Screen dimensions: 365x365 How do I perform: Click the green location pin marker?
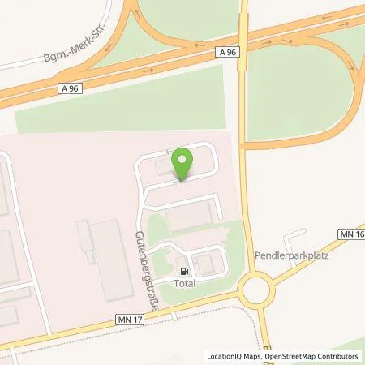pos(182,161)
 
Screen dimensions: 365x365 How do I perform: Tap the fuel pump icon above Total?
pos(185,272)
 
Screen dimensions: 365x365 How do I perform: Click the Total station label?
pos(185,285)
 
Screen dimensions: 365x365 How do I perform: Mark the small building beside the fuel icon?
pos(204,264)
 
